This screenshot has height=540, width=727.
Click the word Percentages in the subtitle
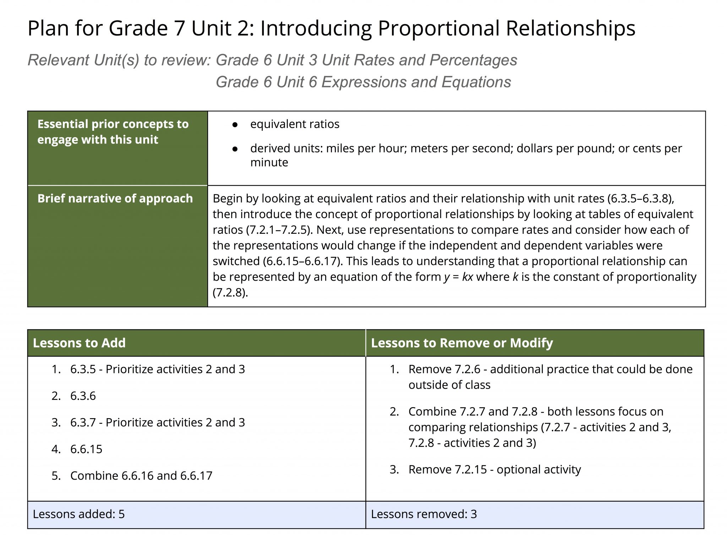click(x=473, y=60)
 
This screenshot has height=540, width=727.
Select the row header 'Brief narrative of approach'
click(x=115, y=198)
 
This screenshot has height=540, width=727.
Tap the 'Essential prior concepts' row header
click(x=113, y=132)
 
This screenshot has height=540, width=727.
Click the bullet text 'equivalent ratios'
click(x=295, y=124)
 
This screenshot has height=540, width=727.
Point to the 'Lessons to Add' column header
click(x=79, y=343)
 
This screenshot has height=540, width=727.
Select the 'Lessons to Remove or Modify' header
click(x=462, y=343)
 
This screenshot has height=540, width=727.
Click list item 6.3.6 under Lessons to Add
click(x=83, y=396)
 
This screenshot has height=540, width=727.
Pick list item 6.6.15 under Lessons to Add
click(x=86, y=449)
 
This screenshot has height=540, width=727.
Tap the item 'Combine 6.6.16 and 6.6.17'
click(x=141, y=476)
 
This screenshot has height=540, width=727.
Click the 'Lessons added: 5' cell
click(x=79, y=514)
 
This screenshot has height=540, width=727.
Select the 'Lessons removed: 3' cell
click(x=424, y=514)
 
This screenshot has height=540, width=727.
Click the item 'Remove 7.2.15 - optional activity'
click(x=494, y=470)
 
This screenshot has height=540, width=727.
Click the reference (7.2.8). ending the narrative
click(x=230, y=292)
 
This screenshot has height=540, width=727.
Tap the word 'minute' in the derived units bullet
click(x=269, y=162)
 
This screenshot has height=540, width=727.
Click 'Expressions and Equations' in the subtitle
click(x=416, y=82)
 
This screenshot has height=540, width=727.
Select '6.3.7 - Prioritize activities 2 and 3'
click(x=157, y=422)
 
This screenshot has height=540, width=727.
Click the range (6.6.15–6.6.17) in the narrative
click(x=302, y=261)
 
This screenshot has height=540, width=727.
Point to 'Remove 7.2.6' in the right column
click(x=444, y=369)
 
